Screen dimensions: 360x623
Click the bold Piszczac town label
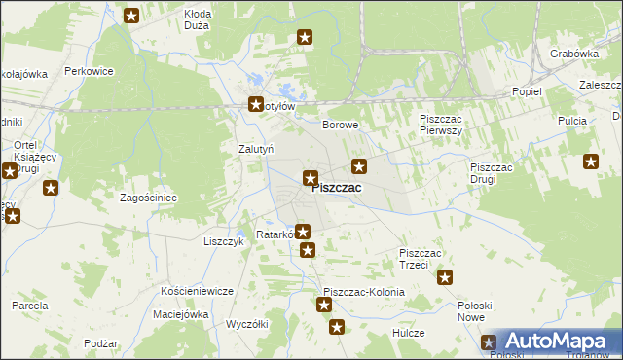(338, 189)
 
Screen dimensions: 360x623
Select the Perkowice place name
(90, 71)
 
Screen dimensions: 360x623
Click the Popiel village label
(527, 90)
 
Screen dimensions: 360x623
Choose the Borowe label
(341, 126)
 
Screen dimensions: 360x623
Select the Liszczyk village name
(223, 240)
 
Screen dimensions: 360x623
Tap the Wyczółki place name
(246, 324)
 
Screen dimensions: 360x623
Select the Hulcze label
(409, 333)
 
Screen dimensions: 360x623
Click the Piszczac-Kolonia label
(363, 292)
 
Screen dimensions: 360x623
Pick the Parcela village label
(30, 306)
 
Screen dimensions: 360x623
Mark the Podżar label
(101, 344)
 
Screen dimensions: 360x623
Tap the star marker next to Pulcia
(590, 162)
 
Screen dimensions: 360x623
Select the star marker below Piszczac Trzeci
(445, 277)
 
